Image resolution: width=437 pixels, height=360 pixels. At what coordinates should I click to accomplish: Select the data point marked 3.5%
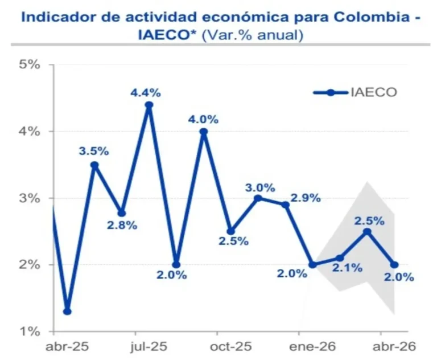[x=94, y=165]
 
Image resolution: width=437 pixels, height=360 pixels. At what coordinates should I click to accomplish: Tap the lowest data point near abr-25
[x=67, y=312]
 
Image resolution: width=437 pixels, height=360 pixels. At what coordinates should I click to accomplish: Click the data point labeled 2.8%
[x=122, y=213]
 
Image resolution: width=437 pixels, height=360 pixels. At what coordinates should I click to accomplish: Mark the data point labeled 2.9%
[x=286, y=205]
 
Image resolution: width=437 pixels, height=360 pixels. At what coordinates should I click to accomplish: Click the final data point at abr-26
[x=394, y=265]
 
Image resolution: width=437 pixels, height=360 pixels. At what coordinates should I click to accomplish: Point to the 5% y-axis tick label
[x=30, y=64]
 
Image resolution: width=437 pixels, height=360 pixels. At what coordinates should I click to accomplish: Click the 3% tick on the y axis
[x=30, y=198]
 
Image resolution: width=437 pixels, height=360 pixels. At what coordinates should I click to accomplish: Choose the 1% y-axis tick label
[x=30, y=332]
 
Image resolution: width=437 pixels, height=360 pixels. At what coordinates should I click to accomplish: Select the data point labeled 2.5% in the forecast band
[x=367, y=231]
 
